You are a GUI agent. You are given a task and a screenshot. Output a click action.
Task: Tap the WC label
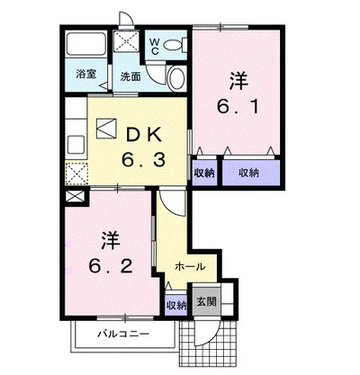tap(154, 47)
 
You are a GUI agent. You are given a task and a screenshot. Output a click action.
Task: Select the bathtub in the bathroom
tap(86, 44)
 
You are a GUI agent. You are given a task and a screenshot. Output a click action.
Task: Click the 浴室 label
tap(86, 74)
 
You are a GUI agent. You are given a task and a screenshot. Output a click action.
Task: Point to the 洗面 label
tap(130, 76)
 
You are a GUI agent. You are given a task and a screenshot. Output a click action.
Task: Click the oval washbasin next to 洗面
tap(176, 78)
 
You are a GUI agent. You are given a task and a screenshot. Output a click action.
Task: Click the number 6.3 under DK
tap(143, 160)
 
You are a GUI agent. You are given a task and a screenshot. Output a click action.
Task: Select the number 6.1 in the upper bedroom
tap(238, 107)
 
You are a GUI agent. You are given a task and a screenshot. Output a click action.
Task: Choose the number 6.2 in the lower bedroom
tap(111, 265)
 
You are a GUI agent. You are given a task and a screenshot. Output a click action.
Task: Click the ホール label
tap(190, 266)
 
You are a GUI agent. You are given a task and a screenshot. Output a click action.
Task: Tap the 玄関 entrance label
tap(206, 301)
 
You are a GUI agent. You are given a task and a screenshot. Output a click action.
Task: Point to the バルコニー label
tap(123, 334)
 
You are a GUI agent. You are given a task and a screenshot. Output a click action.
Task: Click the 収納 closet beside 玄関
tap(176, 305)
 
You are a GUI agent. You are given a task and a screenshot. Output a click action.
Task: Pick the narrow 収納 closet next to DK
tap(204, 173)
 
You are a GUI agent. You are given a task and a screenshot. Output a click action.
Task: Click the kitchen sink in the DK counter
tap(76, 145)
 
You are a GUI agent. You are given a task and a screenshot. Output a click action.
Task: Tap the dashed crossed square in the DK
tap(76, 174)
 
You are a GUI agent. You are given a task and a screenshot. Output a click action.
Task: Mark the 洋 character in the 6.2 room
tap(111, 240)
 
